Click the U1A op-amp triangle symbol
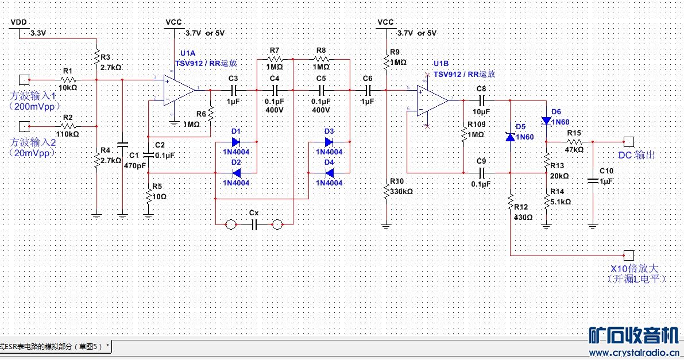pos(179,90)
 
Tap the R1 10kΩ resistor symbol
pos(68,79)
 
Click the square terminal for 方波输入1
pos(24,79)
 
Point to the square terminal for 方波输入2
pos(24,126)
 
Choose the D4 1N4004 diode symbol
pos(329,173)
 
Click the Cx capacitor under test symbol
pos(253,224)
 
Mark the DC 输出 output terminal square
pos(629,141)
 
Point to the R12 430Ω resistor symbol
pos(509,202)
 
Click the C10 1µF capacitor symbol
pos(593,180)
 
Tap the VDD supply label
pos(19,22)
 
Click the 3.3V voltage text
pos(37,33)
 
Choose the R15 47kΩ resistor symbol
pos(574,141)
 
